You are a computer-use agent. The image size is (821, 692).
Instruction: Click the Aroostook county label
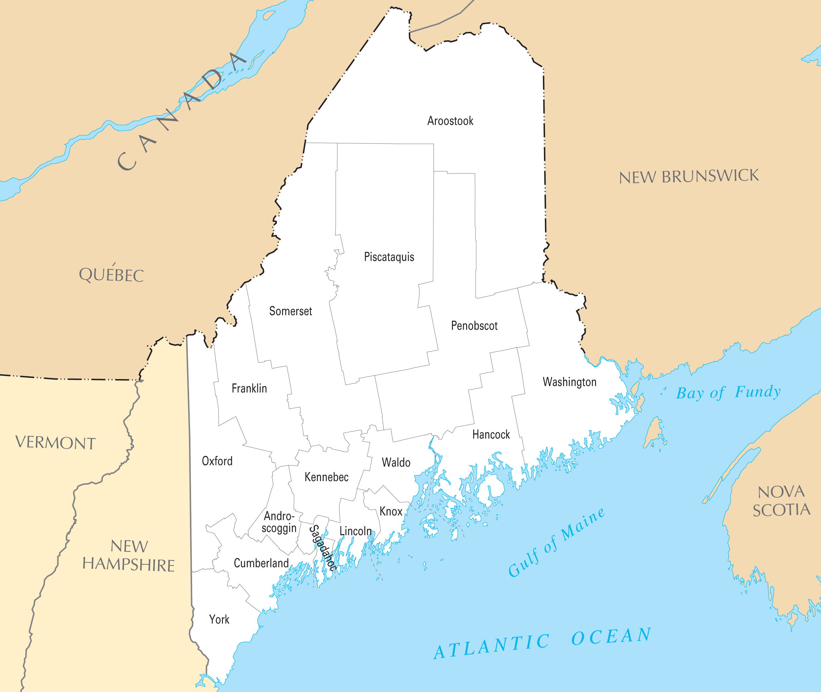(450, 121)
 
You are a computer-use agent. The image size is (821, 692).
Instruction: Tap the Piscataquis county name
(389, 257)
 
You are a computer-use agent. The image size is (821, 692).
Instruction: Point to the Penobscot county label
(474, 326)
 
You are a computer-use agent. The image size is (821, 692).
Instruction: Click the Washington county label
(569, 382)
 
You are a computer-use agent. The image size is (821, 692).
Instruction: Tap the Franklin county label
(249, 388)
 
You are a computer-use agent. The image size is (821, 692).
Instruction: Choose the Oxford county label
(217, 461)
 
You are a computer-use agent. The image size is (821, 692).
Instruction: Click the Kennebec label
(326, 477)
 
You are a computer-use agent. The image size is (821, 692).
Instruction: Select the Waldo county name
(396, 463)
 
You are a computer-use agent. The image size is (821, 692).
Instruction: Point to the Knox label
(391, 512)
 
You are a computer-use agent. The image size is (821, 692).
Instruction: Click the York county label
(219, 619)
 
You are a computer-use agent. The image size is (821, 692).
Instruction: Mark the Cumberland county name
(261, 563)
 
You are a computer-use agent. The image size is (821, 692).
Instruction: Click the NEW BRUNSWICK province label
(688, 177)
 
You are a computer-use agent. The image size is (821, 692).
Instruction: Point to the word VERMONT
(55, 443)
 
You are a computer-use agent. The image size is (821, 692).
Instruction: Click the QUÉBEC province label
(111, 274)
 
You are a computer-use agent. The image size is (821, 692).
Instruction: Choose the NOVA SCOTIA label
(781, 501)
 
